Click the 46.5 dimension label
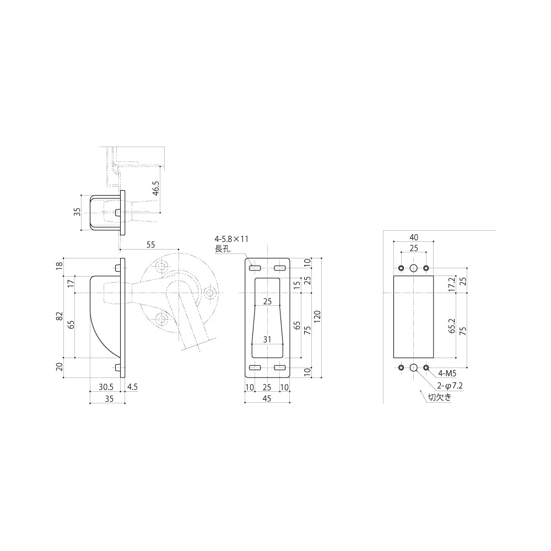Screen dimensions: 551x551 coord(156,188)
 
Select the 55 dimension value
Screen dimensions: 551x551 coord(150,245)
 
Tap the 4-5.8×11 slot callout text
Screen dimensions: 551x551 coord(231,239)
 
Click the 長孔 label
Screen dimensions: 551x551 coord(223,249)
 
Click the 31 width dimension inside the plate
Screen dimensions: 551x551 coord(267,339)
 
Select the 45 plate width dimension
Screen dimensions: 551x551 coord(267,398)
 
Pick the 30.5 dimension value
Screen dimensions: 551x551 coord(106,387)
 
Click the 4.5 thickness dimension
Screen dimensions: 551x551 coord(132,387)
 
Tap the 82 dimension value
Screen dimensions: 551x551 coord(60,316)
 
